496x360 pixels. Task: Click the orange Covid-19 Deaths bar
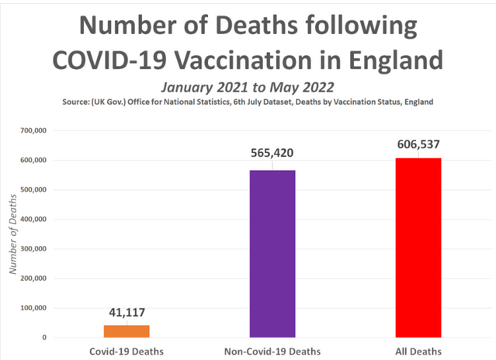(126, 331)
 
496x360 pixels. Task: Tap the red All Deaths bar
(419, 247)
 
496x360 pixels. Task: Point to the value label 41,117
(127, 313)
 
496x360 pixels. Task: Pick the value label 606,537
(419, 142)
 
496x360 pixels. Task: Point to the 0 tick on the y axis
(44, 337)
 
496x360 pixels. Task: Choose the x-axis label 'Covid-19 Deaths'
(126, 351)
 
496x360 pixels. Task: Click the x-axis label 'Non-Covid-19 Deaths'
(272, 351)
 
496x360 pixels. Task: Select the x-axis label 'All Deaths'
(419, 351)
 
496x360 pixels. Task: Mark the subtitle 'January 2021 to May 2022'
(248, 87)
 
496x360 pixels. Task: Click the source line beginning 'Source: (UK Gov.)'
(248, 102)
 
